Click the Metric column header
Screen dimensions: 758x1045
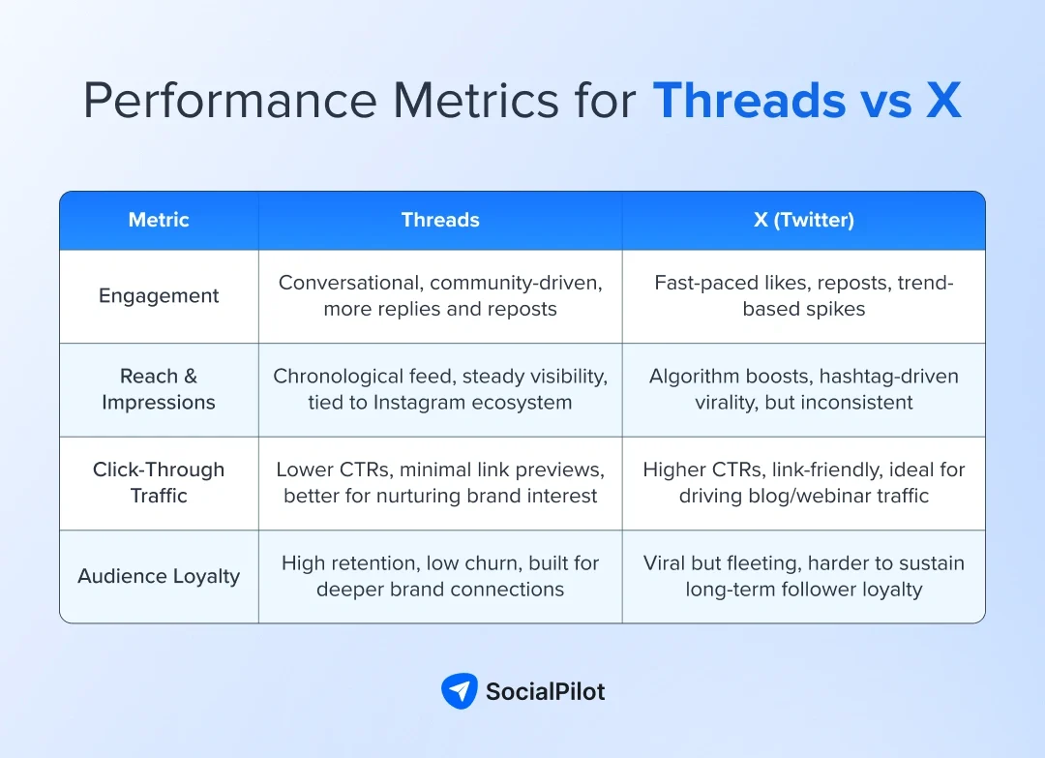(x=159, y=220)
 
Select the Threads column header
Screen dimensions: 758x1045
(x=440, y=220)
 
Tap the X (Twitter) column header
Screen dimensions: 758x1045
(x=803, y=220)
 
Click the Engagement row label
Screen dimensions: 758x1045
(x=159, y=296)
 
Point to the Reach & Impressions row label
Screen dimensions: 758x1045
(x=159, y=389)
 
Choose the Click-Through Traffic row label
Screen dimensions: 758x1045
(x=159, y=482)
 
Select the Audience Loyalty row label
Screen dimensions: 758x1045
(x=159, y=576)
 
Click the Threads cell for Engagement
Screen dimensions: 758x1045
(x=440, y=296)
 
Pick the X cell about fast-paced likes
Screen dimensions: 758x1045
(x=803, y=296)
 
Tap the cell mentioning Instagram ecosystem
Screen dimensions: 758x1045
(x=440, y=389)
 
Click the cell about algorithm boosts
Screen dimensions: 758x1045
(x=803, y=389)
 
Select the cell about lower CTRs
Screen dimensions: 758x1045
(x=440, y=482)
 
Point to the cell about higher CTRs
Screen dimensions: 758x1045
(x=803, y=482)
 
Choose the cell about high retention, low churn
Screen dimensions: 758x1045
(x=440, y=576)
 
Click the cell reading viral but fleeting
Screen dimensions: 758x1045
(x=803, y=576)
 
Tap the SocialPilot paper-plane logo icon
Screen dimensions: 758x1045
(x=459, y=691)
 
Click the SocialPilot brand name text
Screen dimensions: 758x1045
(x=545, y=691)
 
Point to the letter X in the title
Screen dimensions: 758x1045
(x=942, y=101)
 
